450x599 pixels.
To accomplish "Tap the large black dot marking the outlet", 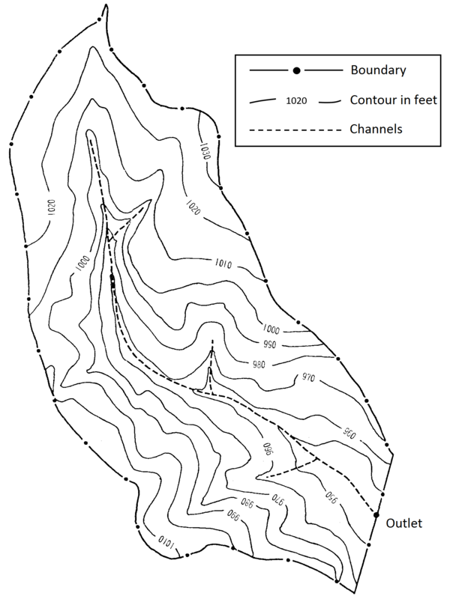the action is point(376,514).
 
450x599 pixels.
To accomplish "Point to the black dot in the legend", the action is point(296,70).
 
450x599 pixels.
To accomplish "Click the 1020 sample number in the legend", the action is point(297,100).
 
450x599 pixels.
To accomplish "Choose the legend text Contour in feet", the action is point(394,100).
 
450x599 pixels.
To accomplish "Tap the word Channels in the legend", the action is point(376,128).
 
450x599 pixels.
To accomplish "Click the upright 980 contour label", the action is point(260,365).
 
